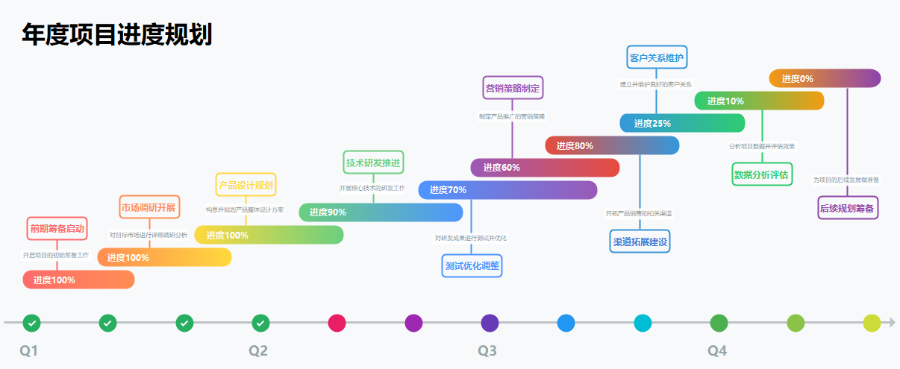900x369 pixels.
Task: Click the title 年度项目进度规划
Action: [x=117, y=35]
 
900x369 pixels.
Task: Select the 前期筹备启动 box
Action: [x=57, y=228]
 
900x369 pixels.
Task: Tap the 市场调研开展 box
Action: [x=149, y=206]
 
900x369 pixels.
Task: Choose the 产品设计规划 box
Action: [x=246, y=184]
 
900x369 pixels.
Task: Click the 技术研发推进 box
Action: [x=374, y=162]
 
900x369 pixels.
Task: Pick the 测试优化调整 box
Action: [x=472, y=265]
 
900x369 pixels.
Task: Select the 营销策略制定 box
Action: [x=513, y=88]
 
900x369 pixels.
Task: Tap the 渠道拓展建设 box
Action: [x=640, y=242]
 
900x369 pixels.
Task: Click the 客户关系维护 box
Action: [x=657, y=57]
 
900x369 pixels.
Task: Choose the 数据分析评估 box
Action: [x=762, y=175]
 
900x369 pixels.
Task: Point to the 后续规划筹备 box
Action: [x=848, y=208]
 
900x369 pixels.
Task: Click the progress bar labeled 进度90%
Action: [x=381, y=212]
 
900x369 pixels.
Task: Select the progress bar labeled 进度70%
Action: [x=507, y=190]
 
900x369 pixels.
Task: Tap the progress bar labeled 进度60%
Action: [x=545, y=168]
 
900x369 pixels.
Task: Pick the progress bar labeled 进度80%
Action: [x=612, y=145]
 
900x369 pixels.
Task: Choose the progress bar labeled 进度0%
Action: [x=825, y=78]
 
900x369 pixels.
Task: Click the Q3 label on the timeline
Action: [x=487, y=350]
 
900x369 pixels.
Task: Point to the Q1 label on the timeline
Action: [x=28, y=350]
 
